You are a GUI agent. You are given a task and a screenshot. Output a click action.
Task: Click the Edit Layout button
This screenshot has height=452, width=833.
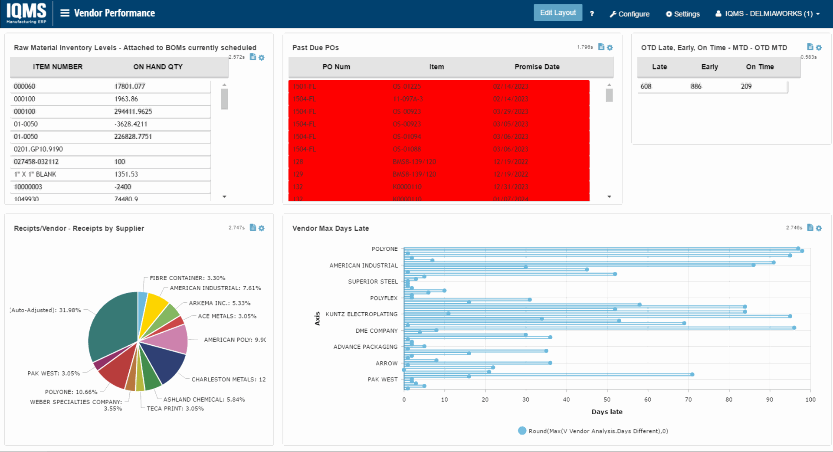click(558, 13)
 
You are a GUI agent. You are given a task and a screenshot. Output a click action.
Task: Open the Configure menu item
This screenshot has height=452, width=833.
click(630, 14)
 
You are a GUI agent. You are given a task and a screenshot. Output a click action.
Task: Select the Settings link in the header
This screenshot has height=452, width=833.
click(683, 14)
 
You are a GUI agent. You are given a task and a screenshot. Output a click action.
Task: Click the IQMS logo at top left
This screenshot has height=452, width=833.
click(26, 13)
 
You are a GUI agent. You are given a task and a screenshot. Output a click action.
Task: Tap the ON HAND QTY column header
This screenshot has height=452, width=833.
click(158, 67)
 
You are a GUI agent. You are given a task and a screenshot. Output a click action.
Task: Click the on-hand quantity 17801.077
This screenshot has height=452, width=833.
click(130, 86)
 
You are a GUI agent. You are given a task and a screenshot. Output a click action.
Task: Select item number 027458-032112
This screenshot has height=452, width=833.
click(36, 162)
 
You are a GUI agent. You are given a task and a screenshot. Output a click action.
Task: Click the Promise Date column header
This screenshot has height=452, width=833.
click(537, 67)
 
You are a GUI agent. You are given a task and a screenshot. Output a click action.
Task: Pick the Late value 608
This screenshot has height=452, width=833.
click(646, 86)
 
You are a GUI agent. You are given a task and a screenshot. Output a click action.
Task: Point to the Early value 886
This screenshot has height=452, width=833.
click(696, 86)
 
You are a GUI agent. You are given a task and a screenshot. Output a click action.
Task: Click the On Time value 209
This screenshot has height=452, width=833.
click(746, 86)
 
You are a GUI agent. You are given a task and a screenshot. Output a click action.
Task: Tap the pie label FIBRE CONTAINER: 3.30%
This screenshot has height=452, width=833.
click(187, 278)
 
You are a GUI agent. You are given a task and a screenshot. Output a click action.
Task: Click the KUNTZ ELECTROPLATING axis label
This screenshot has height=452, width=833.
click(361, 314)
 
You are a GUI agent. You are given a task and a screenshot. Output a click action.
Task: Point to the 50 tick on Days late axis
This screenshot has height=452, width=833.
click(607, 400)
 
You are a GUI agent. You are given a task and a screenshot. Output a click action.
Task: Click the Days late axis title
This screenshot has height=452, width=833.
click(607, 412)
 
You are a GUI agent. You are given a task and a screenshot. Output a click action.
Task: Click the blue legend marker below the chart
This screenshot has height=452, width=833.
click(522, 431)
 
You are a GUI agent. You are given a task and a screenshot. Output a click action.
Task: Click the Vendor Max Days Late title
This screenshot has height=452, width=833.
click(331, 228)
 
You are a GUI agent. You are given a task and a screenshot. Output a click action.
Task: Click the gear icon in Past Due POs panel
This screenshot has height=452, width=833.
click(610, 47)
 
